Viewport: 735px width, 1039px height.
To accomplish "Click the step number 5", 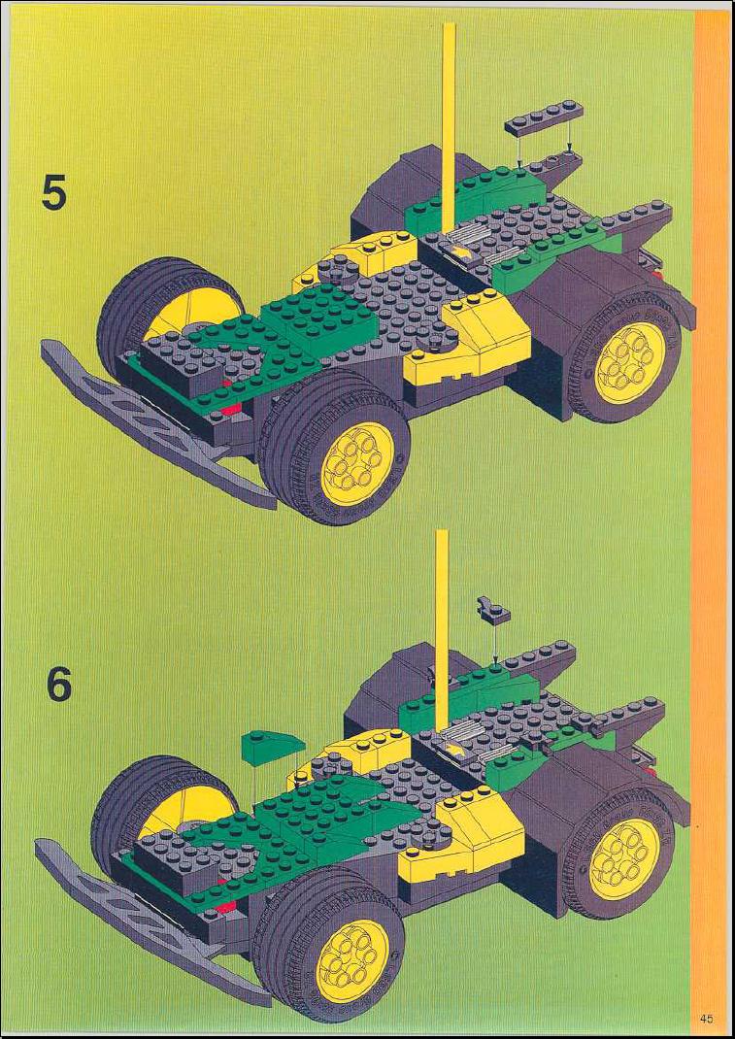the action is coord(54,192).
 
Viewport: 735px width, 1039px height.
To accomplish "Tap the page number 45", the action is coord(706,1019).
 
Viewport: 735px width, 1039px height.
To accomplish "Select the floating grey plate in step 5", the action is coord(544,117).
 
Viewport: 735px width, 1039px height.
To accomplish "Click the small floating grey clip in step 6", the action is coord(492,611).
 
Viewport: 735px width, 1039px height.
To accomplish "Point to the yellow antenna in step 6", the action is coord(442,629).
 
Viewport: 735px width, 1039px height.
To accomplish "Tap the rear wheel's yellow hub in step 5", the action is coord(629,361).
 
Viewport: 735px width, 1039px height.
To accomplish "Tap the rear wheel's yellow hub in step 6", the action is coord(624,858).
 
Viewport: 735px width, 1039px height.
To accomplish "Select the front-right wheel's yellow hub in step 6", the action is coord(351,960).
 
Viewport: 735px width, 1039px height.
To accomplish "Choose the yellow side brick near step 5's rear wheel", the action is coord(471,341).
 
